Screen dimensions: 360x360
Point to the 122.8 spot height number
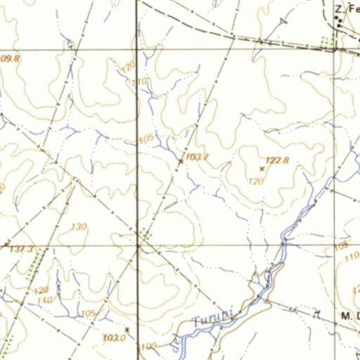tap(278, 160)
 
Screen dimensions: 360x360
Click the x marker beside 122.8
tap(262, 169)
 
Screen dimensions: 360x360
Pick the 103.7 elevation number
tap(198, 156)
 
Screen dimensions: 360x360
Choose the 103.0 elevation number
tap(113, 338)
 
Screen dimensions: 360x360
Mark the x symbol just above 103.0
tap(127, 329)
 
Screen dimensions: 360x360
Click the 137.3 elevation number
tap(21, 250)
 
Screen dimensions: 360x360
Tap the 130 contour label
tap(79, 226)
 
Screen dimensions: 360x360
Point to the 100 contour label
tap(148, 347)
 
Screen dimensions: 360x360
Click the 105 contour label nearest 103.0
tap(89, 313)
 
